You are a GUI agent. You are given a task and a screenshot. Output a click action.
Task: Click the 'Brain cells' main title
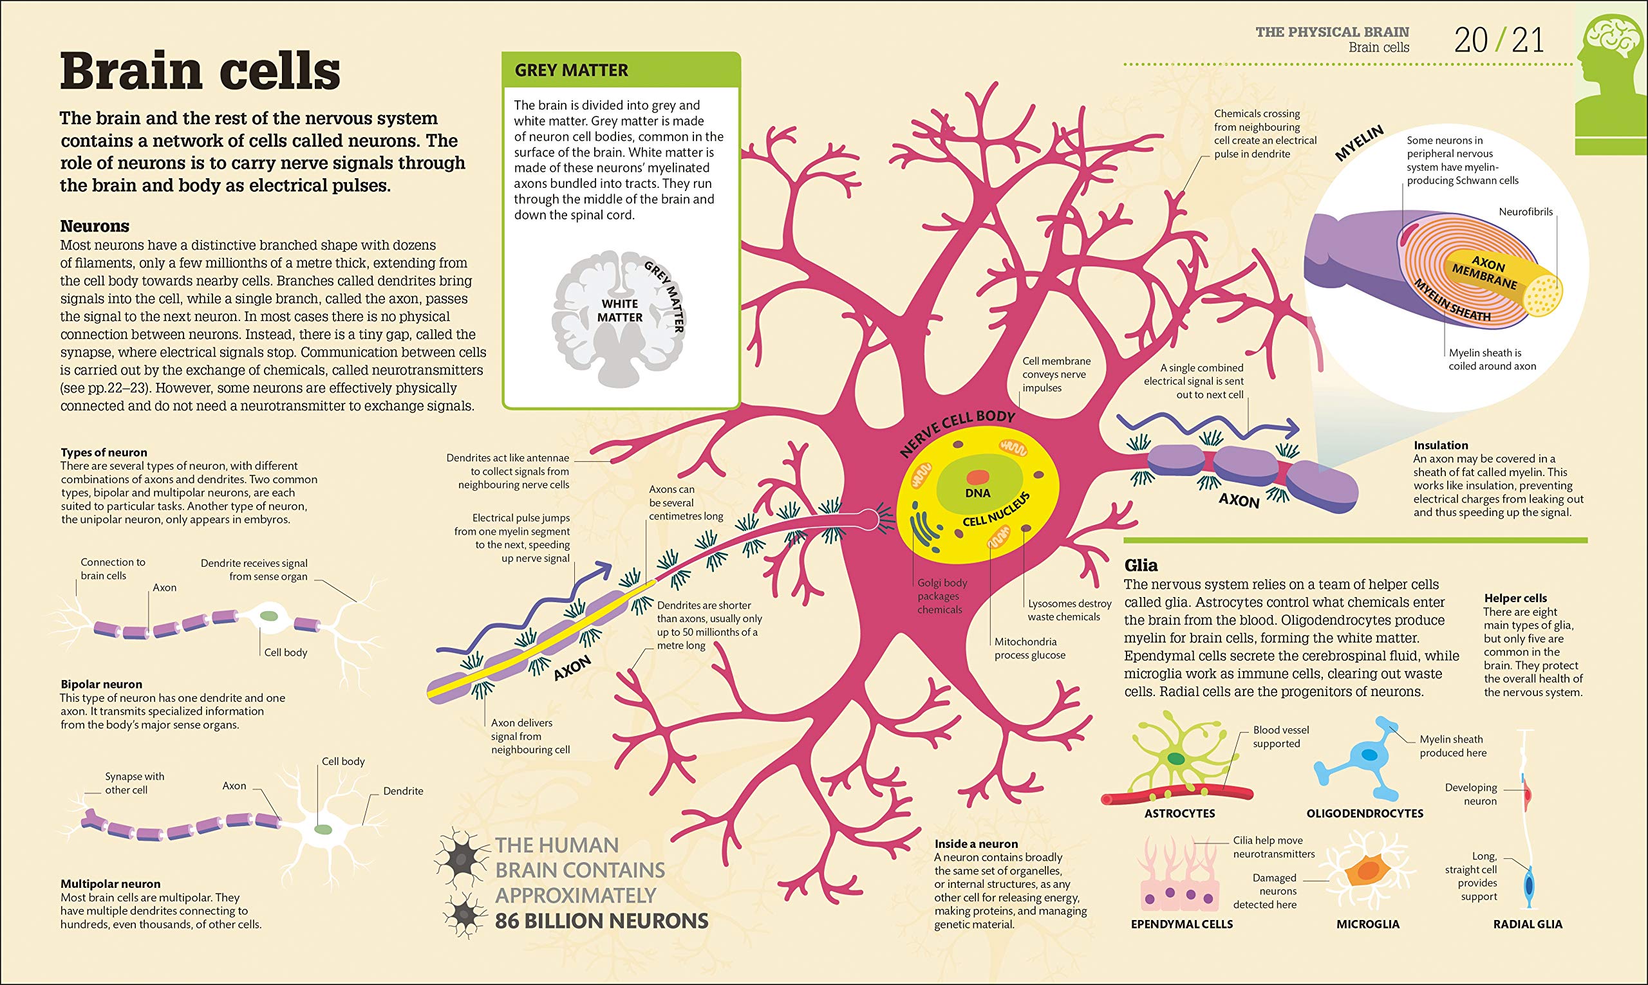click(x=200, y=71)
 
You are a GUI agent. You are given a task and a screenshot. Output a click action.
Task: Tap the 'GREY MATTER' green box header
click(x=571, y=70)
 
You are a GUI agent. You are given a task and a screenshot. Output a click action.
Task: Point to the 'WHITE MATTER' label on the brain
click(x=619, y=311)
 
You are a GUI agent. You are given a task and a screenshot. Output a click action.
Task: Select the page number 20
click(x=1471, y=41)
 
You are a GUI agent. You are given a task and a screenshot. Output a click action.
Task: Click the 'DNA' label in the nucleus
click(x=977, y=493)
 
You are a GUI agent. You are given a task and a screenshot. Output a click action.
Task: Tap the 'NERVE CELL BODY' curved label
click(x=957, y=432)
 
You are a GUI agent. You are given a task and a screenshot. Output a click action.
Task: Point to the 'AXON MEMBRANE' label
click(x=1486, y=272)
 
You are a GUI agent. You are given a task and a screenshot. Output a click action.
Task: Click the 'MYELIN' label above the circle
click(x=1359, y=143)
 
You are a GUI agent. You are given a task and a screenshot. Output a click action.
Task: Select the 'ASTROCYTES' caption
click(x=1179, y=813)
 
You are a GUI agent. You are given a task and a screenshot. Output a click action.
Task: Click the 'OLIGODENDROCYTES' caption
click(x=1365, y=813)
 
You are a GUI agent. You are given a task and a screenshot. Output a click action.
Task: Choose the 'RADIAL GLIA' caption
click(x=1528, y=924)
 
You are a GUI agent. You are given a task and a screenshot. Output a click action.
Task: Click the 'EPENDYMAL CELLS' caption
click(x=1181, y=924)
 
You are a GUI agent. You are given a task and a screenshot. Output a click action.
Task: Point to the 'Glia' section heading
click(x=1141, y=566)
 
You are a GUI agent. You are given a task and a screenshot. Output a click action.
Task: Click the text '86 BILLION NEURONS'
click(x=601, y=921)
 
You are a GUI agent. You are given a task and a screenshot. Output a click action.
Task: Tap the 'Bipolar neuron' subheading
click(x=101, y=685)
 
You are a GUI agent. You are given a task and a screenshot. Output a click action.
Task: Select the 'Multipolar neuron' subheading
click(x=110, y=884)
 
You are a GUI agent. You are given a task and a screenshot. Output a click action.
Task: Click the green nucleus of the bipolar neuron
click(x=269, y=616)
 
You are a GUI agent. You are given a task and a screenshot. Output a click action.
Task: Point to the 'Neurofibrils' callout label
click(x=1526, y=212)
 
